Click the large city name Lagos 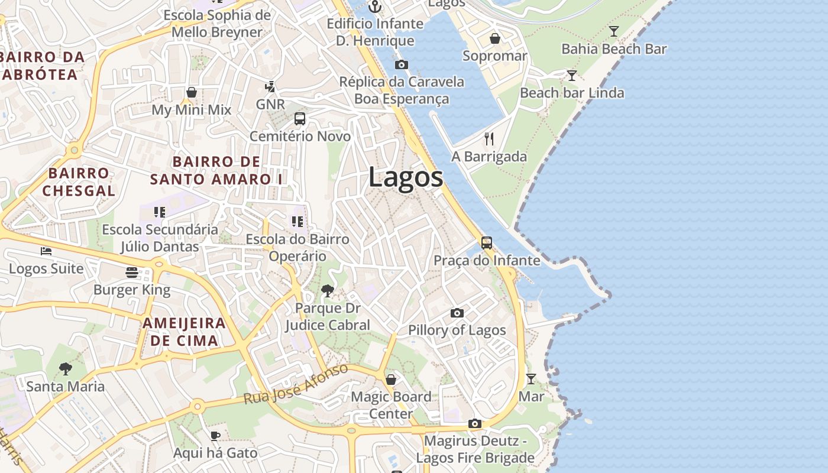click(x=406, y=177)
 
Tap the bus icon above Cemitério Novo click(x=300, y=119)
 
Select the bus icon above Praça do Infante click(x=487, y=243)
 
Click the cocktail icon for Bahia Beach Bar click(x=614, y=31)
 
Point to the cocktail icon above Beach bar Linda click(x=571, y=76)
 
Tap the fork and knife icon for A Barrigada click(x=489, y=139)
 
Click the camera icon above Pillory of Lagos click(x=457, y=313)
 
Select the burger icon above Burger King click(x=132, y=273)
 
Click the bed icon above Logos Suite click(x=46, y=251)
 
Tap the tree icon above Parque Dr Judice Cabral click(x=327, y=291)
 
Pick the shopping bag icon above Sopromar click(x=495, y=39)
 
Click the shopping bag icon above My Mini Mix click(x=192, y=93)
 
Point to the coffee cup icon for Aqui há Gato click(x=215, y=436)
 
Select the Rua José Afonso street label click(x=296, y=384)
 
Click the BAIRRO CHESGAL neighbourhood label click(x=79, y=182)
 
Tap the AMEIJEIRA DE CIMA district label click(x=184, y=332)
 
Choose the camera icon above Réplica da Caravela click(x=402, y=64)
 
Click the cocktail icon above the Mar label click(x=531, y=379)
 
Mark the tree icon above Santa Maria click(x=66, y=370)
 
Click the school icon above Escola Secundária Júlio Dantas click(x=160, y=212)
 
